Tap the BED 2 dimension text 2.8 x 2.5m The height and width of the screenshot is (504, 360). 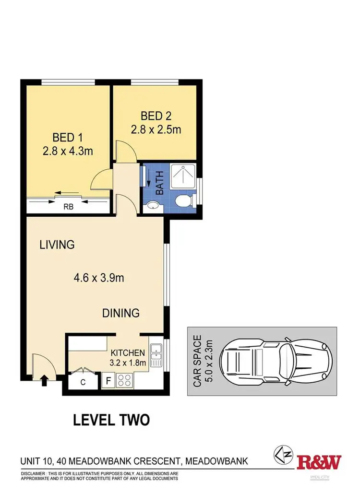[156, 129]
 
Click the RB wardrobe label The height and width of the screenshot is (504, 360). [68, 208]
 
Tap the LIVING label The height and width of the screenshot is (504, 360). [57, 245]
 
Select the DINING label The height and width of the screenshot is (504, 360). [121, 313]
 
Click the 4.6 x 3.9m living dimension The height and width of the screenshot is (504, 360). [102, 278]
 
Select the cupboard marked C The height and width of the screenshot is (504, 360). [82, 382]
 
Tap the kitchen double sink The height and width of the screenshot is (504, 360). [156, 356]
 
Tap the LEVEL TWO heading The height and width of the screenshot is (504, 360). [111, 420]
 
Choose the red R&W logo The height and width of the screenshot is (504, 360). [319, 462]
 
